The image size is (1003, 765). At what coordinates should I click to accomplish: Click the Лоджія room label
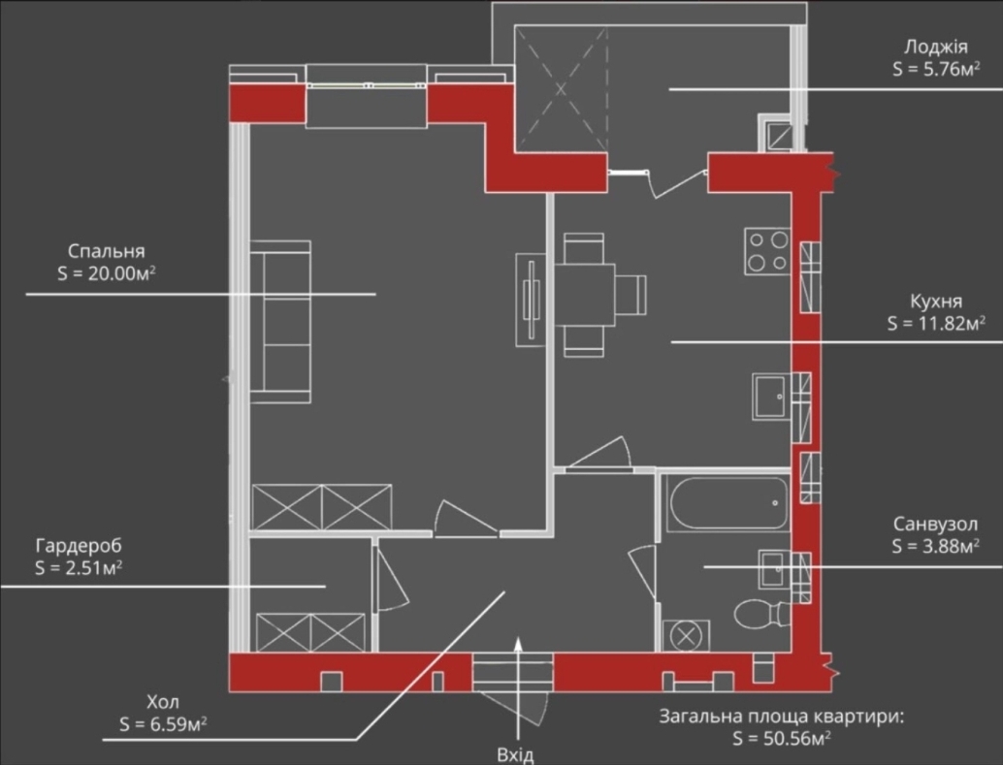935,47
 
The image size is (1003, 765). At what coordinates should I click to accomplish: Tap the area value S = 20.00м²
107,273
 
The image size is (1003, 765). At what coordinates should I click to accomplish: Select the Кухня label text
936,302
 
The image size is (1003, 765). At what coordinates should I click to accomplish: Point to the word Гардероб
78,546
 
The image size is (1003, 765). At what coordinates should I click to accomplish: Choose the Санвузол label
935,525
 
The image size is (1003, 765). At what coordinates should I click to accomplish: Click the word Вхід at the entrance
515,755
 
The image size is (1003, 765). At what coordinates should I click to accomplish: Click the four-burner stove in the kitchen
767,251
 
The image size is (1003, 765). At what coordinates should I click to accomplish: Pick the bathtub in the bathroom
728,503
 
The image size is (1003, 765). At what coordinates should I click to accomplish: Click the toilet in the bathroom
761,614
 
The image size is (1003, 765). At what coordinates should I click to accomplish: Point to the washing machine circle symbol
686,636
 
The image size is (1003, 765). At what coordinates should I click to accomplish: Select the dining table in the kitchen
585,295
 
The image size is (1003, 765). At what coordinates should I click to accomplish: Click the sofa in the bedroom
280,322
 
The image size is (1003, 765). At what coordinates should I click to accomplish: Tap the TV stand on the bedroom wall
531,300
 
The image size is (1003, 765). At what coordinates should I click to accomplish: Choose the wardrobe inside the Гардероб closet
310,632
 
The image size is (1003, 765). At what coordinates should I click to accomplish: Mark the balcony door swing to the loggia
678,183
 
